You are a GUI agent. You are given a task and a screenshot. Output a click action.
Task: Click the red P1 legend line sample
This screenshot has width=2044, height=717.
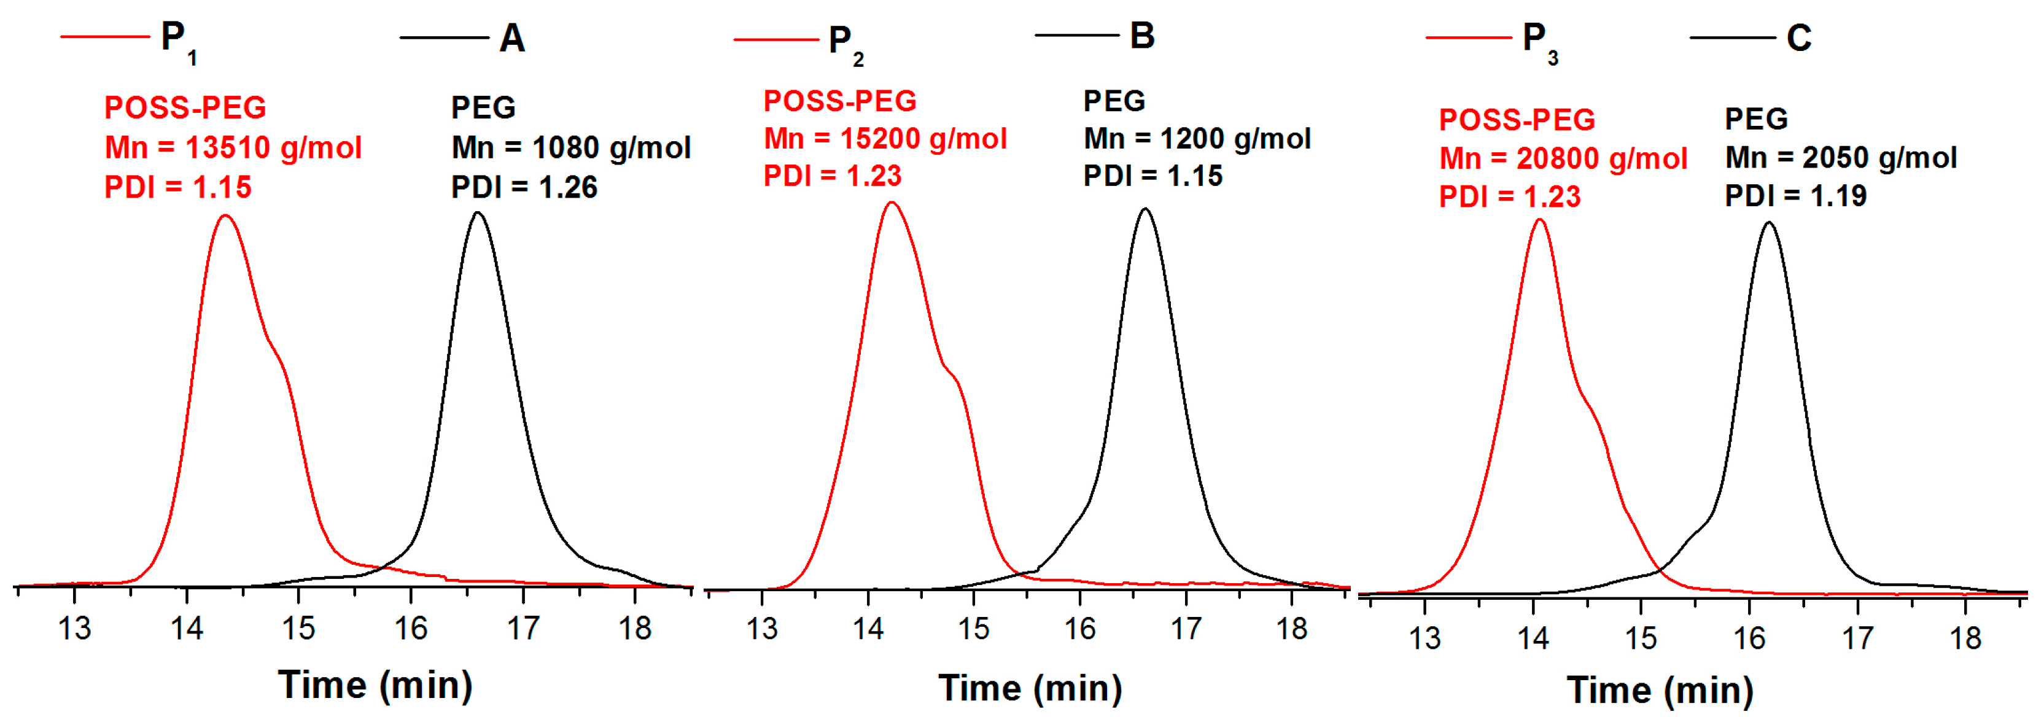pyautogui.click(x=105, y=36)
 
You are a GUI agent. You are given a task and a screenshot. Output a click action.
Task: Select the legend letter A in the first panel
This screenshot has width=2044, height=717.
pyautogui.click(x=512, y=38)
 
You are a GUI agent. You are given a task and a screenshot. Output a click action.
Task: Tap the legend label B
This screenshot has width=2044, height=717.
pyautogui.click(x=1142, y=36)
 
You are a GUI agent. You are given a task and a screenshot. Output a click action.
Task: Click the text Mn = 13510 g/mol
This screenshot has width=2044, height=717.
pyautogui.click(x=233, y=147)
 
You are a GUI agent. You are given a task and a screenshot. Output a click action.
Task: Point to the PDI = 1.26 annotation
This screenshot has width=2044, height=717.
pyautogui.click(x=524, y=187)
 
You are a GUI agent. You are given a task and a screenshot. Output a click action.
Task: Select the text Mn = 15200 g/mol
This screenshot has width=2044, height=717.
pyautogui.click(x=885, y=139)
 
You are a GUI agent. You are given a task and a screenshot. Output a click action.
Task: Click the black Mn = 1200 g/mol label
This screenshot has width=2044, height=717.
pyautogui.click(x=1197, y=139)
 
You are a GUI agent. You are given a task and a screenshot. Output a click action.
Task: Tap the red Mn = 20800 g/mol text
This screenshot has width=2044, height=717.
pyautogui.click(x=1563, y=158)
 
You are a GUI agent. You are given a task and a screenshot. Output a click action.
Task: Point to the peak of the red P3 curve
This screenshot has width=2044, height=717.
pyautogui.click(x=1539, y=220)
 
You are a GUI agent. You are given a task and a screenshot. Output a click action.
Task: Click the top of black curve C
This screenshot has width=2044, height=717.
pyautogui.click(x=1769, y=223)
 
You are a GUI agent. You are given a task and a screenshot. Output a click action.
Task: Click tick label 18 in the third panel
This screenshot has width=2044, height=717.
pyautogui.click(x=1965, y=638)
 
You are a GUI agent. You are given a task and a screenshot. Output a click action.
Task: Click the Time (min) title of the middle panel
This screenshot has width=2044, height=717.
pyautogui.click(x=1030, y=688)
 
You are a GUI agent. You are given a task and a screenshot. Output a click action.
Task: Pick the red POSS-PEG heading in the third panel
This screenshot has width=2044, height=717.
pyautogui.click(x=1517, y=120)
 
